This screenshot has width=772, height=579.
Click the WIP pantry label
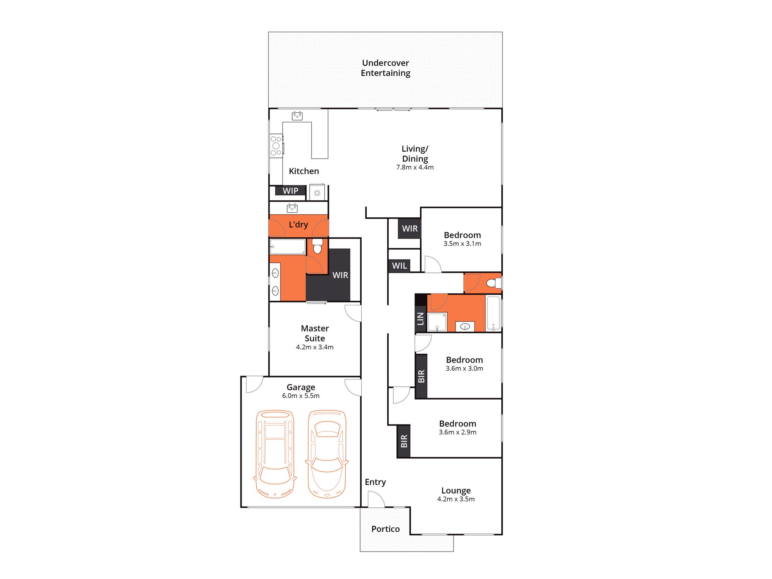[x=290, y=191]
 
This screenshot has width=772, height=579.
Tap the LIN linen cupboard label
[x=420, y=318]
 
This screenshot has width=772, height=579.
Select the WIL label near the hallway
[x=399, y=266]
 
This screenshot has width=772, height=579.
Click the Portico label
[x=385, y=529]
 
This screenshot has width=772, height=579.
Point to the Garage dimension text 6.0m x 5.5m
[x=301, y=396]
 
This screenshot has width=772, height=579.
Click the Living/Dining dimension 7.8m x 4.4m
[x=415, y=167]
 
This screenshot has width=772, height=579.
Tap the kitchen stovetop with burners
[x=276, y=146]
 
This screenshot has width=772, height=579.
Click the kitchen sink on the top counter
[x=297, y=115]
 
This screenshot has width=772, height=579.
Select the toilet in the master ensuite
[x=317, y=246]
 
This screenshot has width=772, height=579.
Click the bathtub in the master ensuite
[x=288, y=247]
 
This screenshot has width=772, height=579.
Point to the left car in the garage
[x=275, y=454]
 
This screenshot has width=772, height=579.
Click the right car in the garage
[x=327, y=454]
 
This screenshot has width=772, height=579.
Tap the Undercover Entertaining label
[x=385, y=68]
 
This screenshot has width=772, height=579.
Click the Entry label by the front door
[x=375, y=482]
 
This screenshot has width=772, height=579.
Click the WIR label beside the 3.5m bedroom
[x=410, y=229]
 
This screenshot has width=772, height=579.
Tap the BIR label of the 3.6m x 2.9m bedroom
[x=404, y=441]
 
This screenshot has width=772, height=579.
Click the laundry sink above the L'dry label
[x=292, y=208]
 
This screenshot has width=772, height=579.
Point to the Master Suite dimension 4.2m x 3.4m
[x=315, y=347]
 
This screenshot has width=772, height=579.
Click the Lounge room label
[x=456, y=490]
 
